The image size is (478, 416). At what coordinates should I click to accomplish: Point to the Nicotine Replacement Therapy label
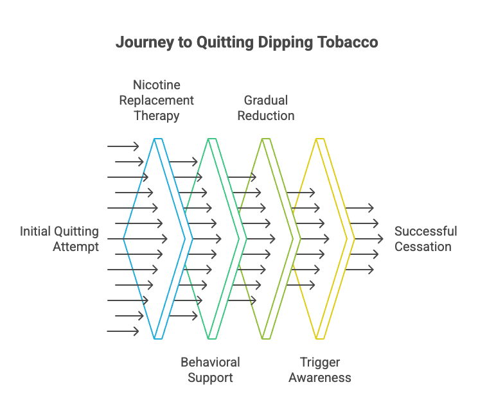click(x=156, y=100)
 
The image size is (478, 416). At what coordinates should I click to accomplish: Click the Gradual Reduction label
click(x=266, y=108)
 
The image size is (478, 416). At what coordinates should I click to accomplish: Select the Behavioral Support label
click(x=210, y=370)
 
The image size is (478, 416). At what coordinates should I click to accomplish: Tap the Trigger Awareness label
click(x=320, y=370)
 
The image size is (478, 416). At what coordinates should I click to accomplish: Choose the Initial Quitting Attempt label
click(x=60, y=239)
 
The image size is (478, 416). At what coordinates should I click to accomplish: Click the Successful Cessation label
click(x=425, y=239)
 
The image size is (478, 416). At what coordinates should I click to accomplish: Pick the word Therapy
click(x=156, y=116)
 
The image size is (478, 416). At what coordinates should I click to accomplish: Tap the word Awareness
click(x=320, y=377)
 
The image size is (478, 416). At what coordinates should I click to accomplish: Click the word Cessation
click(x=423, y=247)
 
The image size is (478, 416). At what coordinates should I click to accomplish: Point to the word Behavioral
click(x=210, y=362)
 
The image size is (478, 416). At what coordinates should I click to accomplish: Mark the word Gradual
click(x=266, y=100)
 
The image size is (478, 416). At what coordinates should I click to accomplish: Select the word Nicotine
click(x=156, y=85)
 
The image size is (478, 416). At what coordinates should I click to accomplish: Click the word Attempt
click(x=76, y=247)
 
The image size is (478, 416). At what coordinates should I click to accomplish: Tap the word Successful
click(x=425, y=231)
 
